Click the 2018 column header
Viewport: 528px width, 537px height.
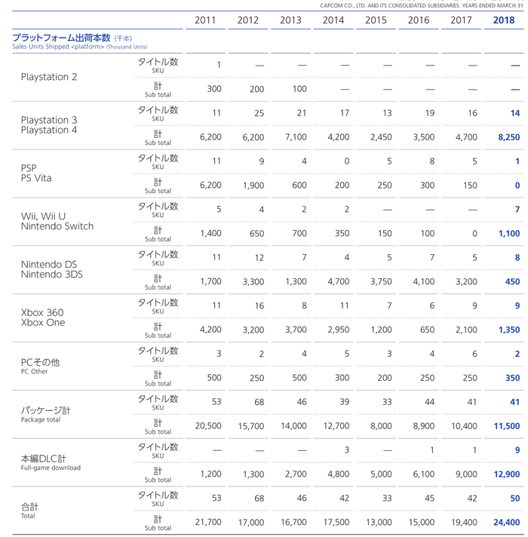(x=504, y=20)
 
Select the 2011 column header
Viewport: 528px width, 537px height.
(x=205, y=20)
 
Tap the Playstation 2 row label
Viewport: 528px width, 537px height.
(x=49, y=77)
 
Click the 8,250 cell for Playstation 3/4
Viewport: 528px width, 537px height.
(x=509, y=137)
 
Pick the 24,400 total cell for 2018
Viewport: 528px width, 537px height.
(x=506, y=522)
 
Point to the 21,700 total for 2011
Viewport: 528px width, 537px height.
(x=208, y=522)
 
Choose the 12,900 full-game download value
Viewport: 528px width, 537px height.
(x=506, y=474)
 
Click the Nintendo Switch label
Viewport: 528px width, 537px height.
(x=57, y=226)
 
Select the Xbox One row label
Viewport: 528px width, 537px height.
(x=43, y=323)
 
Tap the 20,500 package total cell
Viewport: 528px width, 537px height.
(x=208, y=426)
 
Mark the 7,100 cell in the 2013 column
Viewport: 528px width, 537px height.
(x=296, y=137)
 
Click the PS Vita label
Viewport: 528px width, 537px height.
(x=36, y=178)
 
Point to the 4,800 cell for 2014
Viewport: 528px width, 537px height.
(x=339, y=474)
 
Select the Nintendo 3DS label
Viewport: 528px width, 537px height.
(x=52, y=275)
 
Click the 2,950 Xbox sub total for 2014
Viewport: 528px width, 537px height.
(x=339, y=330)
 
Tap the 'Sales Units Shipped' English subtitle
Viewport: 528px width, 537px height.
(x=41, y=47)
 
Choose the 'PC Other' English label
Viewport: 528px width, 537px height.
(x=34, y=372)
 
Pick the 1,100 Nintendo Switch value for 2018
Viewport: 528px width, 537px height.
(x=509, y=234)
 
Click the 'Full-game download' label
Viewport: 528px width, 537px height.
(x=51, y=468)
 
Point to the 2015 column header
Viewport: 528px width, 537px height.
(x=376, y=20)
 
